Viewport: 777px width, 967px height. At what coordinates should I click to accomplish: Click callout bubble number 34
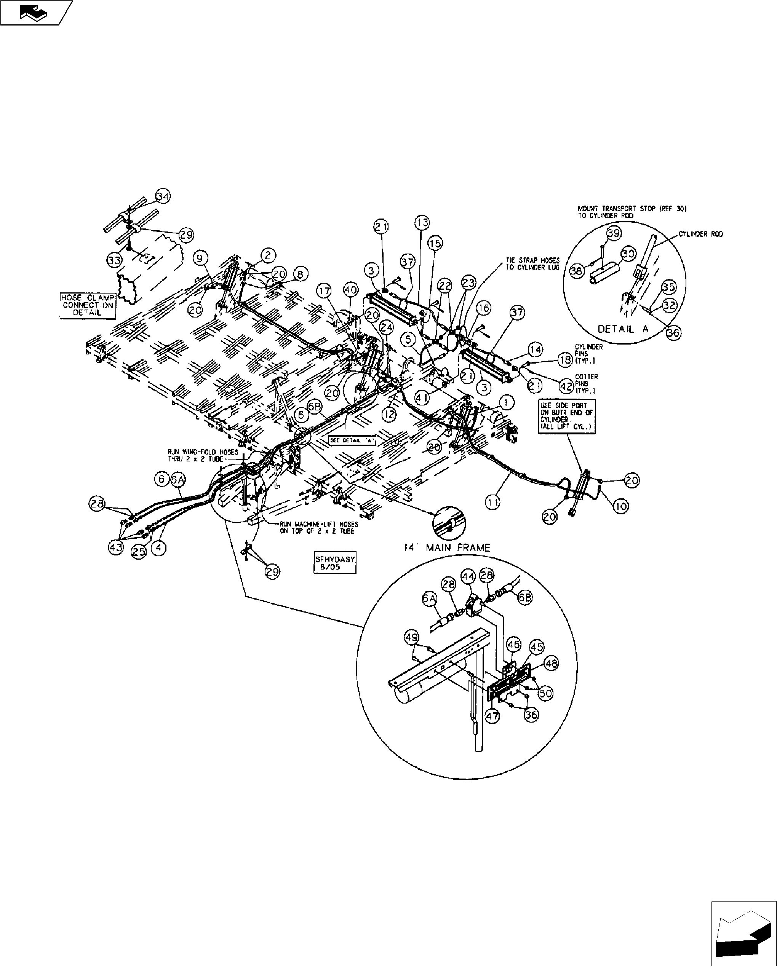click(163, 196)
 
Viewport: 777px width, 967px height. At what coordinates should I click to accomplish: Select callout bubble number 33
click(114, 260)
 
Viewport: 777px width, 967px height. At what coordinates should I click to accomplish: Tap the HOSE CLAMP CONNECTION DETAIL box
click(88, 305)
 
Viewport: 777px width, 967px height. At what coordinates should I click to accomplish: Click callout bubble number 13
click(422, 222)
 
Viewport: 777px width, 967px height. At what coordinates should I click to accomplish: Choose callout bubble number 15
click(435, 243)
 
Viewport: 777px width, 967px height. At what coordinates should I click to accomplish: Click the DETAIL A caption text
click(623, 329)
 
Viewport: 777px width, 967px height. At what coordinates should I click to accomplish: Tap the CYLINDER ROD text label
click(700, 234)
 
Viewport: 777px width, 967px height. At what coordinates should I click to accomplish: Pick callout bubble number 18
click(566, 360)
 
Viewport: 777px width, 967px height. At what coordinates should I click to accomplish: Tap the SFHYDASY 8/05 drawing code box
click(335, 562)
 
